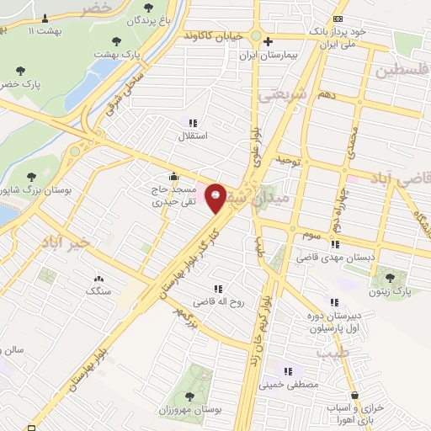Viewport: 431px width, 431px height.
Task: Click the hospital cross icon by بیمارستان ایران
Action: coord(268,41)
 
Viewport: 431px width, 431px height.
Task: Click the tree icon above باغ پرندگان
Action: coord(148,8)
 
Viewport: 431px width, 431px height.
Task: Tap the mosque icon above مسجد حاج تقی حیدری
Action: coord(174,176)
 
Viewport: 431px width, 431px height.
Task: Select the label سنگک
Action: coord(98,290)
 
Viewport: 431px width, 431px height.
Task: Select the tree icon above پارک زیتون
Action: coord(388,277)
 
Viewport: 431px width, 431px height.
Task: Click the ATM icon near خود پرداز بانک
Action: coord(338,18)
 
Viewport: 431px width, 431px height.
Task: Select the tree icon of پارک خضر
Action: coord(20,72)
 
